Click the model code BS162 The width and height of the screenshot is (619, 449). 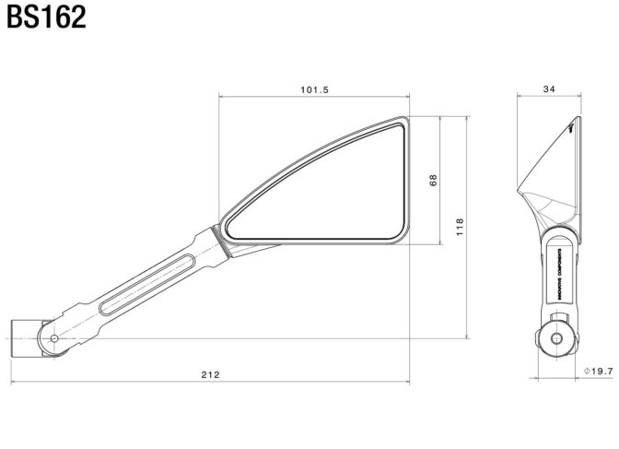tap(46, 18)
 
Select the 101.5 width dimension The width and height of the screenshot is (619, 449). tap(314, 89)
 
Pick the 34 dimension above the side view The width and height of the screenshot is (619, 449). tap(549, 89)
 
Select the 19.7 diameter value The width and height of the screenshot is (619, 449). tap(600, 371)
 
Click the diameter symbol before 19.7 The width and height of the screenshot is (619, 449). tap(587, 371)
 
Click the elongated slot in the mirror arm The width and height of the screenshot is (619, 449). tap(146, 282)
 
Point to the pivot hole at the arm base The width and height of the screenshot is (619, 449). tap(54, 339)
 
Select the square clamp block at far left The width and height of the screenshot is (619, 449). tap(23, 339)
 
